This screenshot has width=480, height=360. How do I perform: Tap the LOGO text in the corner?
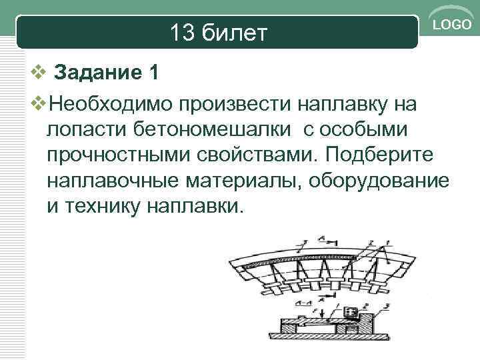click(453, 25)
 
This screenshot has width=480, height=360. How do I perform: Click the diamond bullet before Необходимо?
click(40, 104)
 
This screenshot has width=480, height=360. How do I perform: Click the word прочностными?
click(117, 155)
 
